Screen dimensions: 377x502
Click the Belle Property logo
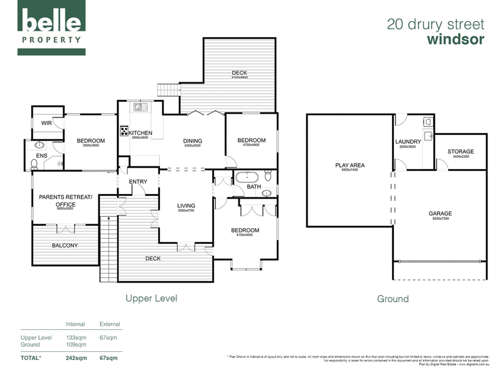53,28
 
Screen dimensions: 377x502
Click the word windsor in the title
456,40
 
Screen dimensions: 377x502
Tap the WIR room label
46,123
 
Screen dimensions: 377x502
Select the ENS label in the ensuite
41,155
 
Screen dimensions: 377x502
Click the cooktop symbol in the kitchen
124,132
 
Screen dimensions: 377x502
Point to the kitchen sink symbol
138,107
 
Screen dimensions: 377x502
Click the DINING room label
193,141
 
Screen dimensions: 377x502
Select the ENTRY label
138,182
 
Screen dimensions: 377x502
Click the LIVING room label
186,205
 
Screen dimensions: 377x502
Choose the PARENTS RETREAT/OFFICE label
65,200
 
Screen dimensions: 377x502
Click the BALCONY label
65,245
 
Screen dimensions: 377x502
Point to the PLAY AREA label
350,166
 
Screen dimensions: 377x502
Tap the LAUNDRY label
408,142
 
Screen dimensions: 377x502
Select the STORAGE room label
461,151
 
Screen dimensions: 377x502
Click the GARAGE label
440,214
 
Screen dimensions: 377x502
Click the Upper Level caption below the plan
151,298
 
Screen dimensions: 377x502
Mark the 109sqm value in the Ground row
76,344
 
